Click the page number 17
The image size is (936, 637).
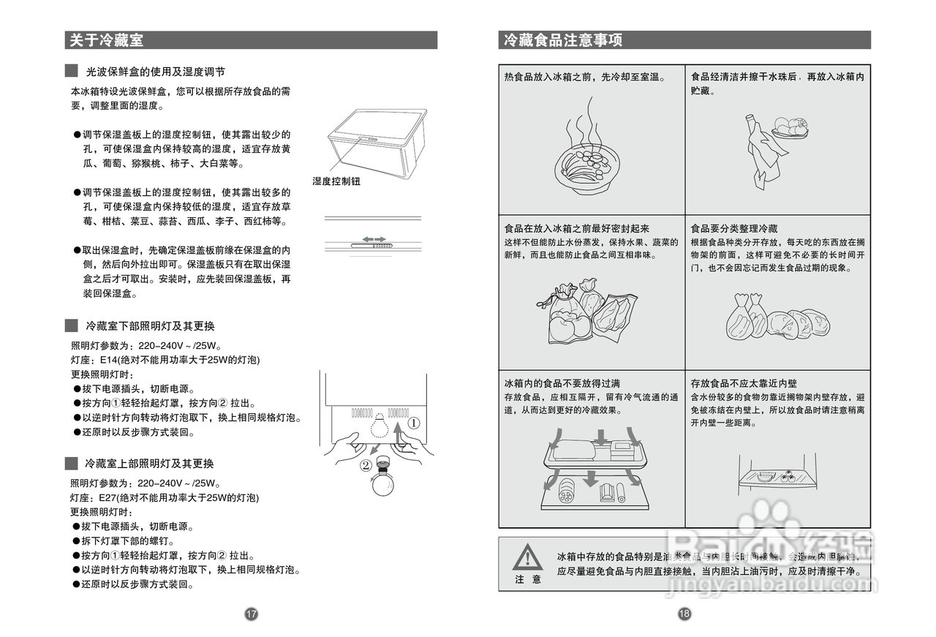pos(251,614)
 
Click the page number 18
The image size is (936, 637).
pos(684,614)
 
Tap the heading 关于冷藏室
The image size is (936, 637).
pos(107,40)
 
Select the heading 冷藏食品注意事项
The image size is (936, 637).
pos(563,40)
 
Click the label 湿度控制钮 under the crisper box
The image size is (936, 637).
pos(336,181)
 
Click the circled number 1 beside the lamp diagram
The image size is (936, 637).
pos(414,423)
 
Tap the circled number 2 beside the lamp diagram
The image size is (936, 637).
pos(366,464)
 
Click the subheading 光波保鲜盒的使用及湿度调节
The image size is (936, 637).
pos(155,72)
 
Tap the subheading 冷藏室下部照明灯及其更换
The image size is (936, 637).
pos(150,325)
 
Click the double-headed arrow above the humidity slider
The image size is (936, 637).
pos(374,239)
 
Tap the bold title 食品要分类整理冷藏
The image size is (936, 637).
pos(734,229)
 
